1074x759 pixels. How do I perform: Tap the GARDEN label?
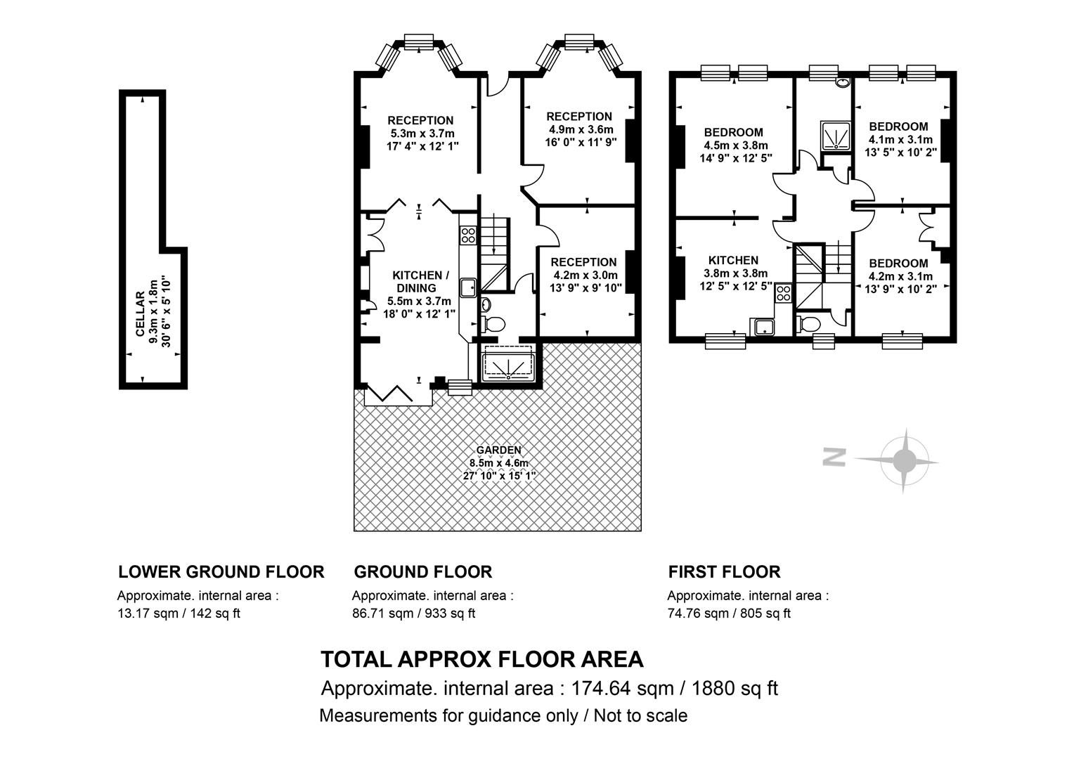pos(498,450)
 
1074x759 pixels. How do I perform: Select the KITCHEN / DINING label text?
pos(420,281)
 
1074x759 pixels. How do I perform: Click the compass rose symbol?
pos(903,461)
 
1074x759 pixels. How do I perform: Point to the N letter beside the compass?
pos(834,457)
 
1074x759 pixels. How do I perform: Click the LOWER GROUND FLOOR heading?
pos(221,571)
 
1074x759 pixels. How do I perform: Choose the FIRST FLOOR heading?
pos(724,571)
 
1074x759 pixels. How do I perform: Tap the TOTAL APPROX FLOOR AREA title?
pos(482,659)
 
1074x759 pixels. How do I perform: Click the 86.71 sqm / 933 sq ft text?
pos(414,614)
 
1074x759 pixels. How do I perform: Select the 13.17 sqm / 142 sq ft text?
pos(179,614)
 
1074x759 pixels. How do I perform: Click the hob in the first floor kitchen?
pos(784,293)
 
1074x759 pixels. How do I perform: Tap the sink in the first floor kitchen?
pos(764,327)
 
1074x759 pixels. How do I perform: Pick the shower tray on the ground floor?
pos(508,363)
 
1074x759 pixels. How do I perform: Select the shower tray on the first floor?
pos(836,136)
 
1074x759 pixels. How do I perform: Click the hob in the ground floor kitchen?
pos(468,235)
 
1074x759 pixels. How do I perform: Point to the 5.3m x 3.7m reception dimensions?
pos(422,134)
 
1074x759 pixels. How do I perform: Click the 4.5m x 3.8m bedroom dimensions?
pos(736,145)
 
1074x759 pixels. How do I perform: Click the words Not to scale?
pos(640,716)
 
